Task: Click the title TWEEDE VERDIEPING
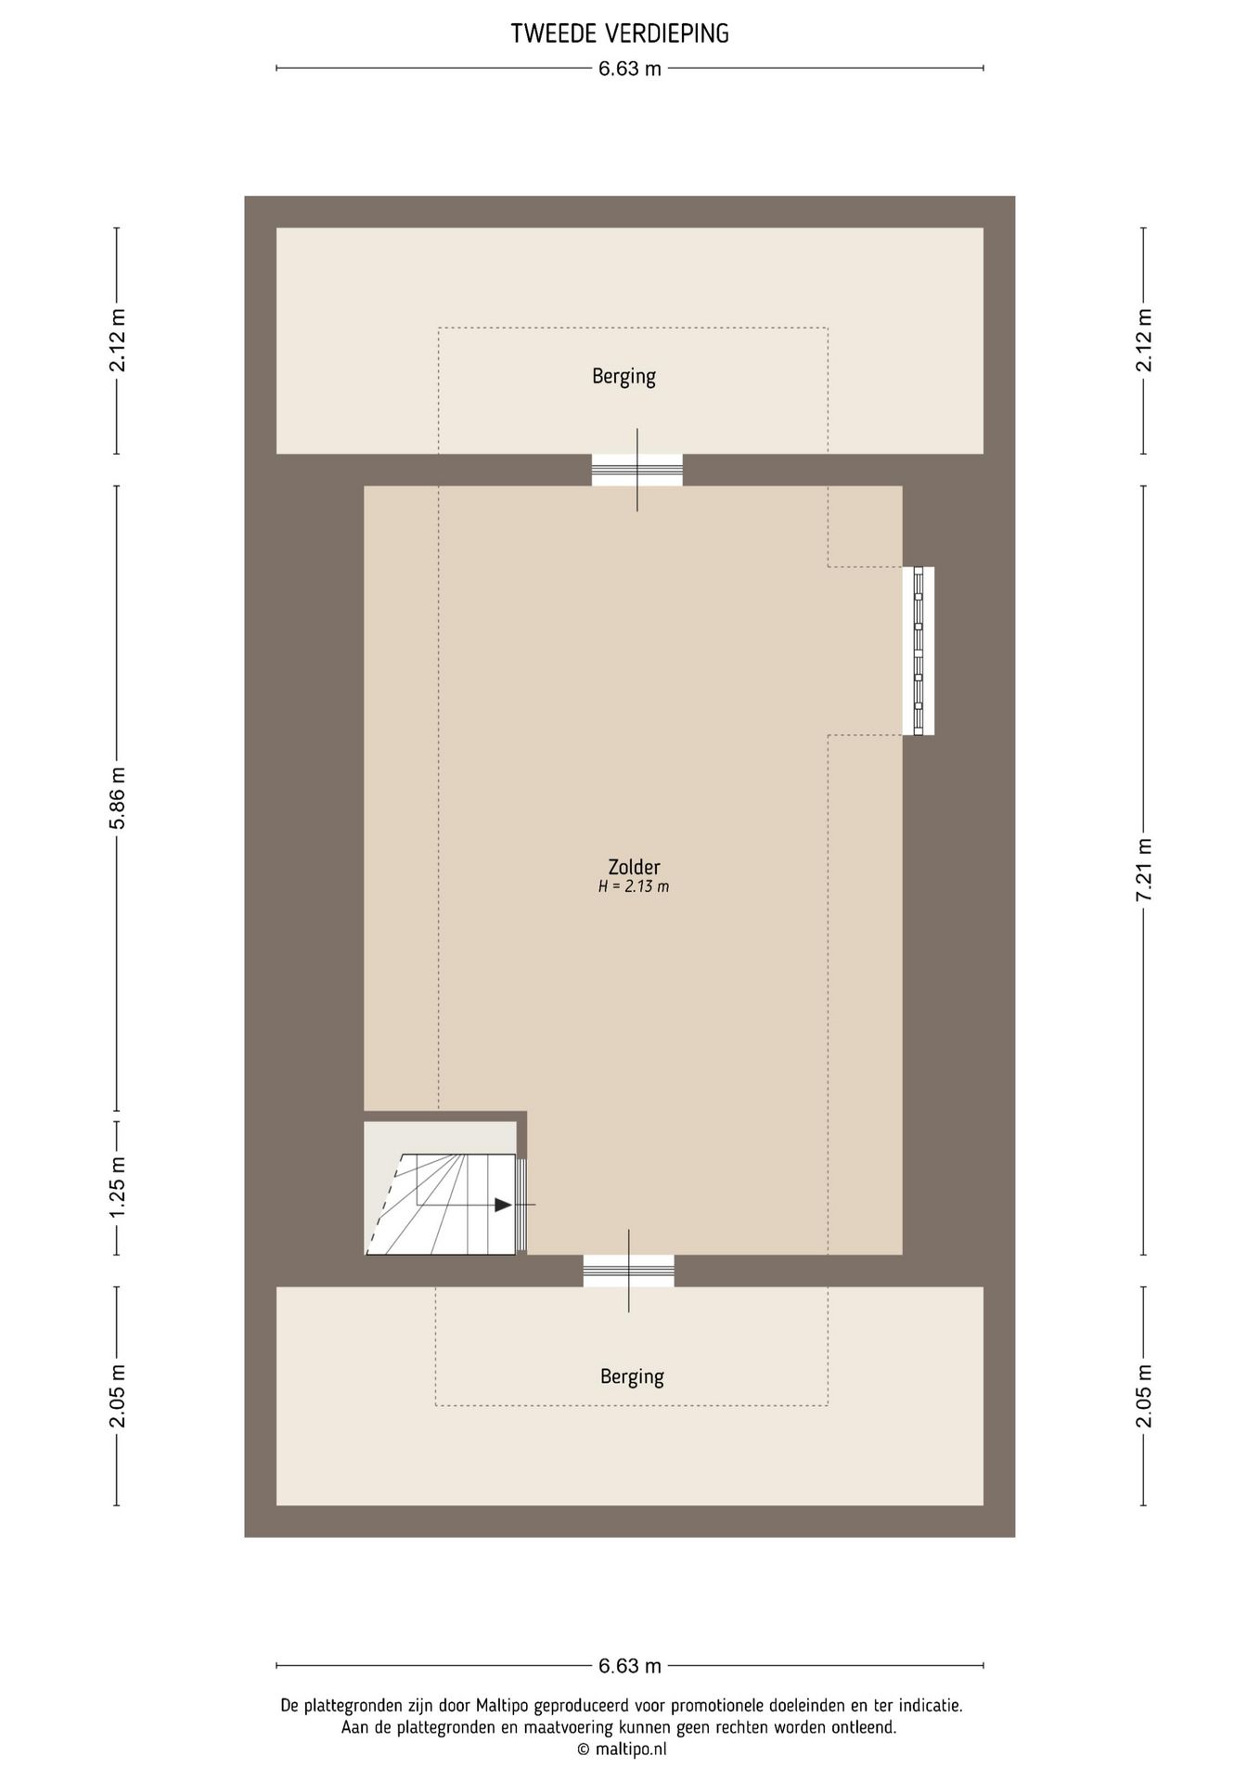tap(620, 34)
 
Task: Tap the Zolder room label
tap(634, 867)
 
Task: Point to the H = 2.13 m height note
tap(634, 886)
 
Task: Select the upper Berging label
tap(624, 377)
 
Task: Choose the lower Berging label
tap(632, 1376)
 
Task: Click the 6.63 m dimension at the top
tap(630, 68)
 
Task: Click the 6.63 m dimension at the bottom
tap(630, 1666)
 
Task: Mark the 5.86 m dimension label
tap(117, 799)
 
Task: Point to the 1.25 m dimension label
tap(117, 1188)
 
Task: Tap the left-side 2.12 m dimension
tap(117, 341)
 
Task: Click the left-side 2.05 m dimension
tap(117, 1396)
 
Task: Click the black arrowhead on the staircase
tap(503, 1205)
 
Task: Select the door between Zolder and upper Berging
tap(637, 470)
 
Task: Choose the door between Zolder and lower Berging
tap(629, 1271)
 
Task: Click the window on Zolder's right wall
tap(919, 651)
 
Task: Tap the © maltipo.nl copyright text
tap(622, 1750)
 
